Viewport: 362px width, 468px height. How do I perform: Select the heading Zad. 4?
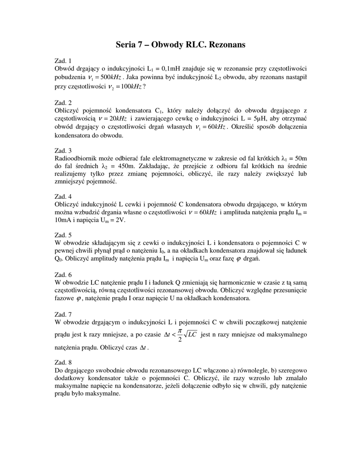click(63, 197)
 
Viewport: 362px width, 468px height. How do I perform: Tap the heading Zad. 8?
click(63, 362)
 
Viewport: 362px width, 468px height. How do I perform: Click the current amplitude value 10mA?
click(64, 220)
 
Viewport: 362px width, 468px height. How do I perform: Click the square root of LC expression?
click(190, 335)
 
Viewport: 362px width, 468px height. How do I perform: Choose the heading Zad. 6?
click(63, 275)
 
